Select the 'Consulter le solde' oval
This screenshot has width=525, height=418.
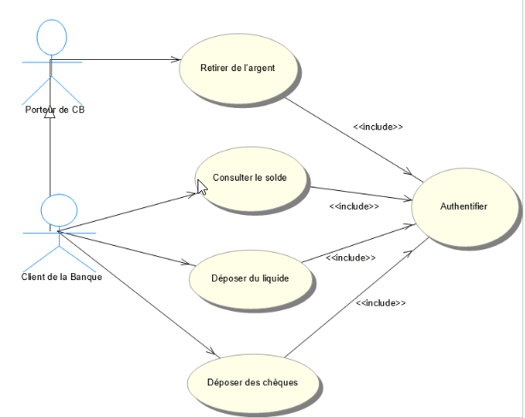(250, 179)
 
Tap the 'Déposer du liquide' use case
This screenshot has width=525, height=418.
(250, 278)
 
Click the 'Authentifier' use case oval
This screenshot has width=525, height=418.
(465, 206)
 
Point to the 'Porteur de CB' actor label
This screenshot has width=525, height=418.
(55, 110)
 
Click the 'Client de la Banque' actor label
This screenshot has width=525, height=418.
(55, 276)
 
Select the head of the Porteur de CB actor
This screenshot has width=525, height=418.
(51, 38)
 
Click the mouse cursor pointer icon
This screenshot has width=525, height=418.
(202, 186)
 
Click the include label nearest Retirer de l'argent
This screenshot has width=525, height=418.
(378, 127)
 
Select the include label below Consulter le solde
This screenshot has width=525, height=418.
(354, 206)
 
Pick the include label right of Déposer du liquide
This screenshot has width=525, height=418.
(351, 257)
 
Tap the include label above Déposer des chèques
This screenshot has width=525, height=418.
(380, 302)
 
